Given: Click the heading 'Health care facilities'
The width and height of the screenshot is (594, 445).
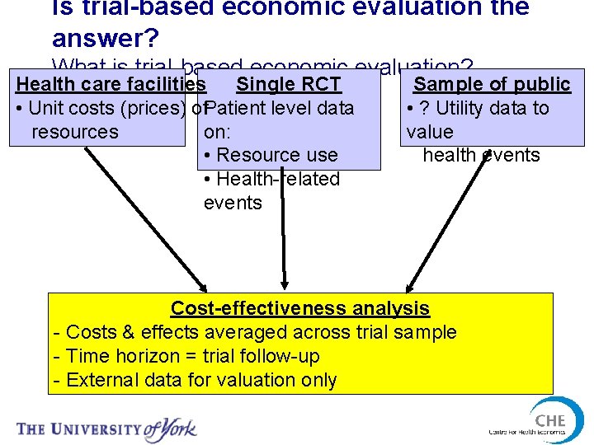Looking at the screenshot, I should (x=111, y=84).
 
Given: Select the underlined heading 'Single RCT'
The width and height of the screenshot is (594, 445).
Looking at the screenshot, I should (x=288, y=84).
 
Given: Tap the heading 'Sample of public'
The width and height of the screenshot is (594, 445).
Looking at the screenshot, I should (x=492, y=84).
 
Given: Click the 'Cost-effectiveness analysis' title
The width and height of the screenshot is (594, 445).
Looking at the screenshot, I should (x=299, y=308).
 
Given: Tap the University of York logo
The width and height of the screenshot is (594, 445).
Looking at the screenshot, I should (x=107, y=429).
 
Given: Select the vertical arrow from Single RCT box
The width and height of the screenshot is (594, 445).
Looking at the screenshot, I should (x=282, y=231).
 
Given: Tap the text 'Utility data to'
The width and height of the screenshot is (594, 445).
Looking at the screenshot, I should (x=492, y=108).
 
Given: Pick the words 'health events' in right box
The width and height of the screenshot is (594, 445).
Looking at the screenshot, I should (x=481, y=155).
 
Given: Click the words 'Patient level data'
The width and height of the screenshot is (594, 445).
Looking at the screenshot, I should (x=280, y=108).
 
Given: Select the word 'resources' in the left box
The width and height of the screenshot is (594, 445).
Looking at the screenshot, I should (x=74, y=132).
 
